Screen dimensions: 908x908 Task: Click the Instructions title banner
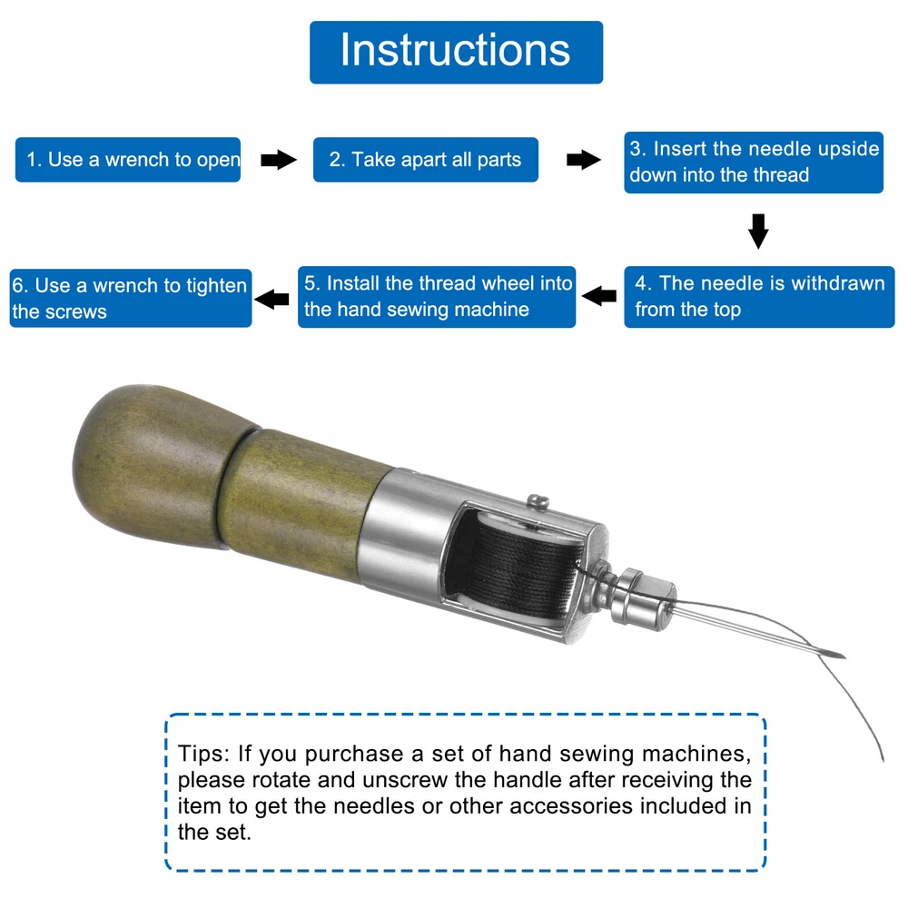[457, 52]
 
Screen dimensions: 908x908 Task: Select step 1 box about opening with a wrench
[128, 160]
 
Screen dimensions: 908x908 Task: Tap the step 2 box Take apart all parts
[426, 160]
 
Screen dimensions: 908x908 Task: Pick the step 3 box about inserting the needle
[754, 163]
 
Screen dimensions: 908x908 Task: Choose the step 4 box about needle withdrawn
[760, 297]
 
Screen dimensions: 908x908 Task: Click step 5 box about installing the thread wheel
[437, 297]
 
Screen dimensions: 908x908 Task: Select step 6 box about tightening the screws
[131, 298]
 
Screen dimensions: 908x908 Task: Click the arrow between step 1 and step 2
[279, 160]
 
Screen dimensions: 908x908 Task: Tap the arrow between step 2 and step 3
[584, 160]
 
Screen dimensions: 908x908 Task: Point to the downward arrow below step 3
[758, 231]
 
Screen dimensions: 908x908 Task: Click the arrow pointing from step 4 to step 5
[598, 296]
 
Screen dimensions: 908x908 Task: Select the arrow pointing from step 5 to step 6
[271, 299]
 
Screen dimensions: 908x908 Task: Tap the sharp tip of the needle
[844, 657]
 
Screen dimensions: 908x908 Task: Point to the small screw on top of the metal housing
[538, 501]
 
